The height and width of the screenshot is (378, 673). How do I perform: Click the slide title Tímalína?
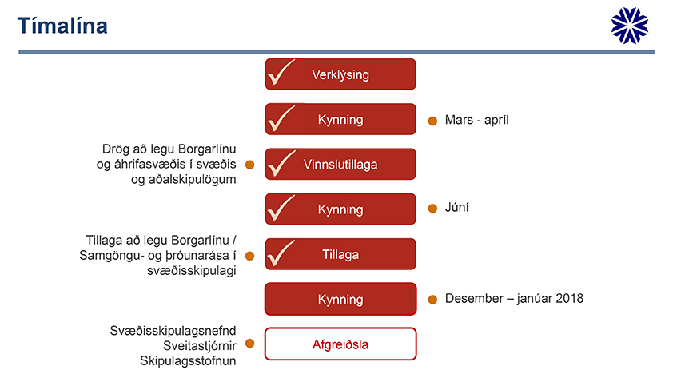tap(62, 26)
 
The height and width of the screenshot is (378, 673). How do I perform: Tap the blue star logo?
tap(630, 26)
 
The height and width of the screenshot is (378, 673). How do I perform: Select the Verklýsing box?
tap(340, 74)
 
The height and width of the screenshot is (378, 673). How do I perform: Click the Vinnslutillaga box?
tap(340, 164)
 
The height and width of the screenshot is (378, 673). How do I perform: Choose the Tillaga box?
tap(340, 254)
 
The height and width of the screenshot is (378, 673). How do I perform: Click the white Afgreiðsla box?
tap(340, 344)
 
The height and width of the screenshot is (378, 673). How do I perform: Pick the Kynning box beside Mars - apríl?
tap(340, 119)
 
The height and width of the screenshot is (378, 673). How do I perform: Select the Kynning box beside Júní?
tap(340, 209)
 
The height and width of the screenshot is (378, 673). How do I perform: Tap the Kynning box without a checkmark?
tap(340, 299)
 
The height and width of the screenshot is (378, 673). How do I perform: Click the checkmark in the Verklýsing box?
tap(281, 72)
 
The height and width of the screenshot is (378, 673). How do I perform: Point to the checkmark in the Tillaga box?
tap(281, 253)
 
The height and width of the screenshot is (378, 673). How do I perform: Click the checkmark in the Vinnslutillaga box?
tap(281, 162)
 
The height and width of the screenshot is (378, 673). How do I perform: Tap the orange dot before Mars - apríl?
tap(432, 121)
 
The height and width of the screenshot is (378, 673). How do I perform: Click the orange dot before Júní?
tap(432, 209)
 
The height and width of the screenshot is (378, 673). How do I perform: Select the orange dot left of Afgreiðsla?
tap(250, 344)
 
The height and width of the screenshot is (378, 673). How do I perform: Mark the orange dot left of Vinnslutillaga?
tap(250, 165)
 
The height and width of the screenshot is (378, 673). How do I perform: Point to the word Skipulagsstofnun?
tap(188, 361)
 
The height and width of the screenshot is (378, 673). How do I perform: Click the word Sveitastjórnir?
tap(200, 346)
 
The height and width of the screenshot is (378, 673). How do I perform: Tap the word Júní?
tap(456, 207)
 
